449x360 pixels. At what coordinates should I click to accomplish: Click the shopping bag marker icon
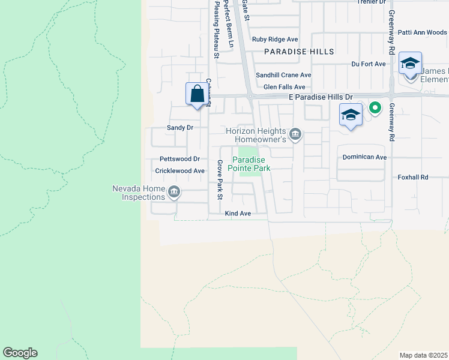pyautogui.click(x=196, y=94)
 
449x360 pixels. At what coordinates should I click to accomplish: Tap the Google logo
pyautogui.click(x=20, y=353)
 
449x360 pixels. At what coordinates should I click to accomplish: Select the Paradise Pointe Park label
pyautogui.click(x=252, y=164)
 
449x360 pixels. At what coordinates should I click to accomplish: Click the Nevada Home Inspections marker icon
pyautogui.click(x=174, y=192)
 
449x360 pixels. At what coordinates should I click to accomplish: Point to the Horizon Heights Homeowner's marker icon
pyautogui.click(x=295, y=134)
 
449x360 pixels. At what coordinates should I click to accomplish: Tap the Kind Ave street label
pyautogui.click(x=237, y=213)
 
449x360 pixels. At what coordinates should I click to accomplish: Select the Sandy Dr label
pyautogui.click(x=180, y=128)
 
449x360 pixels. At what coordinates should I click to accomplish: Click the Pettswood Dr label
pyautogui.click(x=179, y=159)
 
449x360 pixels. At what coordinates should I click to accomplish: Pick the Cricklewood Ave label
pyautogui.click(x=176, y=171)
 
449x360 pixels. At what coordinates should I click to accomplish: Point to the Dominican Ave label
pyautogui.click(x=364, y=157)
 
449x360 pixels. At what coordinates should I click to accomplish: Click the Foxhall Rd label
pyautogui.click(x=413, y=178)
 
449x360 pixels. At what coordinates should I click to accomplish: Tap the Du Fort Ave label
pyautogui.click(x=368, y=64)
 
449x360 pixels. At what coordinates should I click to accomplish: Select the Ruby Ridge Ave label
pyautogui.click(x=276, y=40)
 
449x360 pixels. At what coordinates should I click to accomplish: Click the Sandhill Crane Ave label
pyautogui.click(x=283, y=75)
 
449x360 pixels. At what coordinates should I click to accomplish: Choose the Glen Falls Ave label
pyautogui.click(x=284, y=87)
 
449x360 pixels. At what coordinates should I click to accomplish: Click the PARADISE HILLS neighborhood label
pyautogui.click(x=300, y=52)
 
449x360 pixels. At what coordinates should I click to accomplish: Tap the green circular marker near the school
pyautogui.click(x=375, y=108)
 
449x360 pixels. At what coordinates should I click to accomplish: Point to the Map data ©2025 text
pyautogui.click(x=423, y=355)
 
